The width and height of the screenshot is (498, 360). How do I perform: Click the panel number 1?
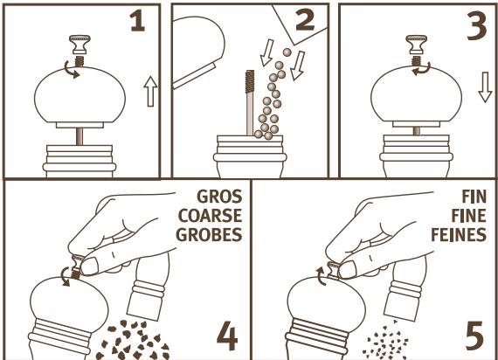pos(138,21)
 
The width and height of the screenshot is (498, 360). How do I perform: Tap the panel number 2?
pos(305,19)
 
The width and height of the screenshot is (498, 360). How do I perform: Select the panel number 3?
pos(477,26)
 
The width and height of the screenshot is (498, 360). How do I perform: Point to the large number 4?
pos(227,336)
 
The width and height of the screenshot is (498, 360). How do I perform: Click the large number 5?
pos(474,335)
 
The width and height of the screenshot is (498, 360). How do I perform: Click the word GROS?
pos(219,197)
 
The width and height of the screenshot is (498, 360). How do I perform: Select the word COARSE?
pos(210,216)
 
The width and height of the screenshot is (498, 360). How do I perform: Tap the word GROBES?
pos(209,234)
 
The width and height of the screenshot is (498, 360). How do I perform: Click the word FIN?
pos(474,197)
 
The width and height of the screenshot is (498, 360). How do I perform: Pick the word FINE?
pos(469,216)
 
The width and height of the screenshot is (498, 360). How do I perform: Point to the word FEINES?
pos(459,234)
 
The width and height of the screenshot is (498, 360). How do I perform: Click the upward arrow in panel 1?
pos(150,91)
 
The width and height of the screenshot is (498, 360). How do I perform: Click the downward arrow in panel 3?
pos(485,87)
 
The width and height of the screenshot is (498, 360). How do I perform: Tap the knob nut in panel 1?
pos(80,45)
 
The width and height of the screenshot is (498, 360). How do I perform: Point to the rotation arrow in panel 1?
pos(71,70)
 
